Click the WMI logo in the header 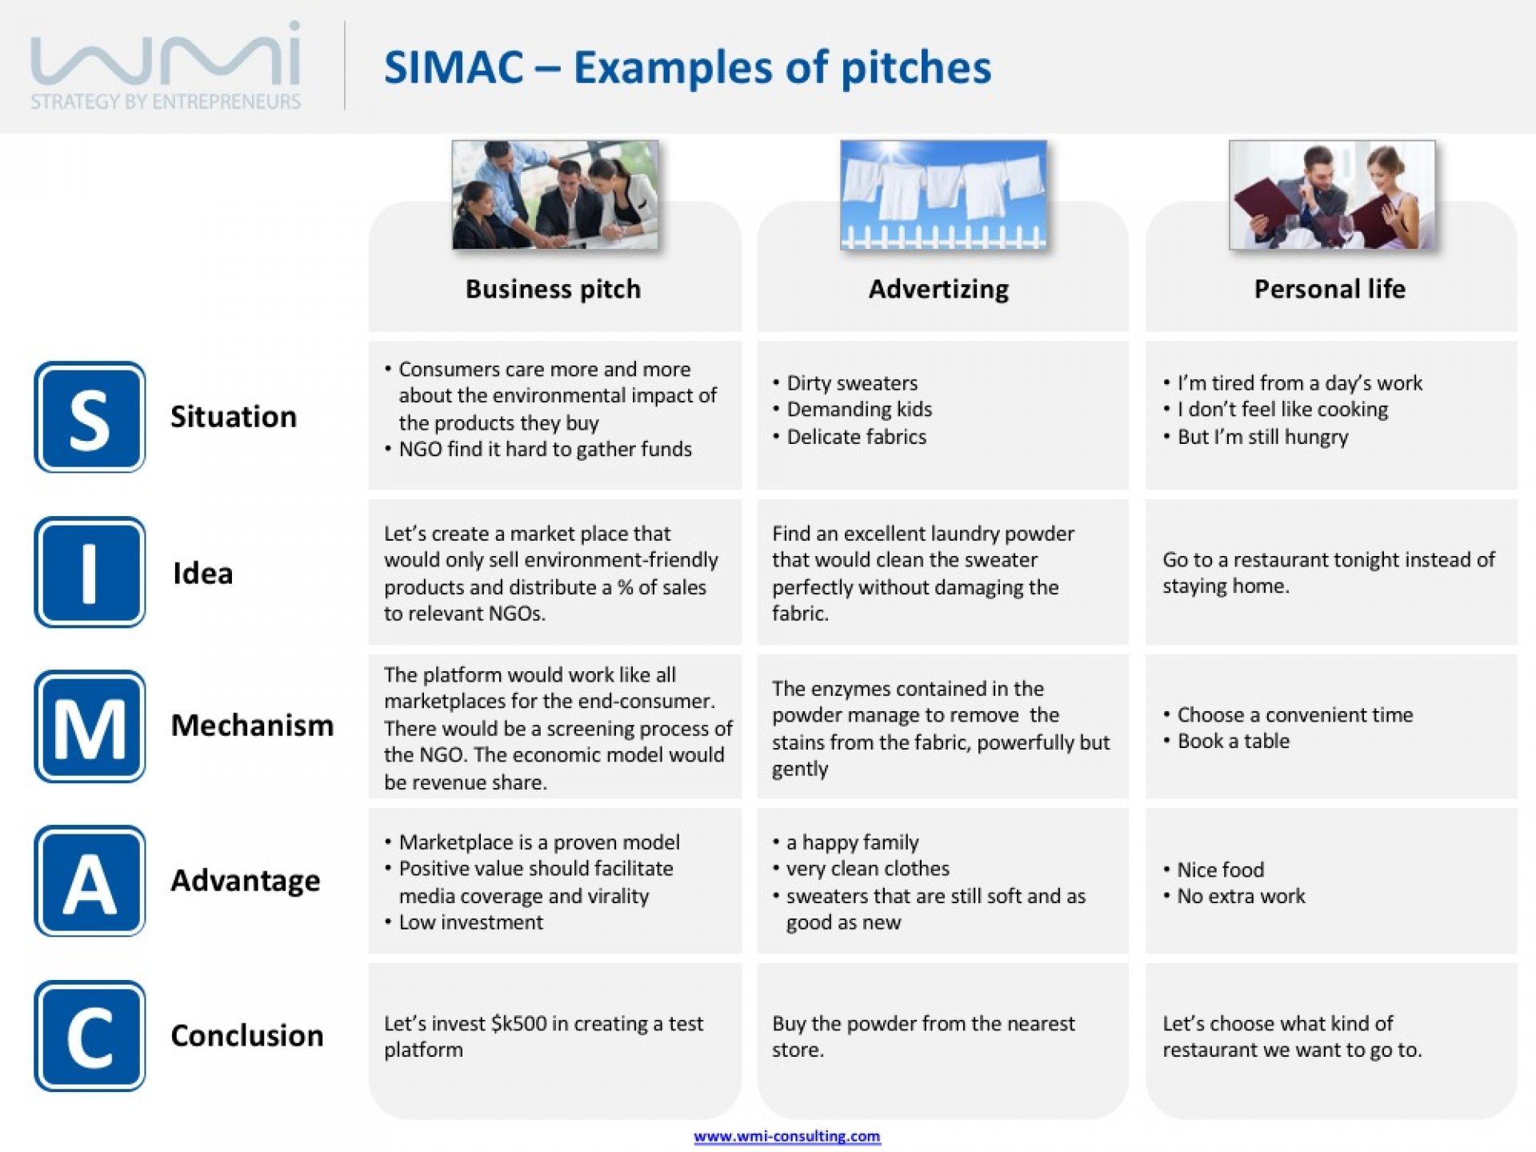coord(166,66)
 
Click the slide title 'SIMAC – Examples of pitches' coord(687,67)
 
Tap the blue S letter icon coord(90,417)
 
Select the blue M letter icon coord(90,726)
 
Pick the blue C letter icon coord(90,1036)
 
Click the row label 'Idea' coord(202,573)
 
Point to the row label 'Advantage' coord(246,881)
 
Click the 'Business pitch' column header coord(553,289)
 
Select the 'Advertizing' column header coord(938,289)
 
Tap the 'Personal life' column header coord(1330,289)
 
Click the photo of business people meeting coord(555,195)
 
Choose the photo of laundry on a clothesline coord(943,195)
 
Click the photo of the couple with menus coord(1332,195)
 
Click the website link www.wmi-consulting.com coord(787,1136)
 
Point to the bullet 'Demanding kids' coord(859,410)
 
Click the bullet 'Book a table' coord(1233,741)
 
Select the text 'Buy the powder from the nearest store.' coord(923,1037)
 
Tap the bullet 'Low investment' coord(470,922)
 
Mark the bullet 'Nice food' coord(1220,870)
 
